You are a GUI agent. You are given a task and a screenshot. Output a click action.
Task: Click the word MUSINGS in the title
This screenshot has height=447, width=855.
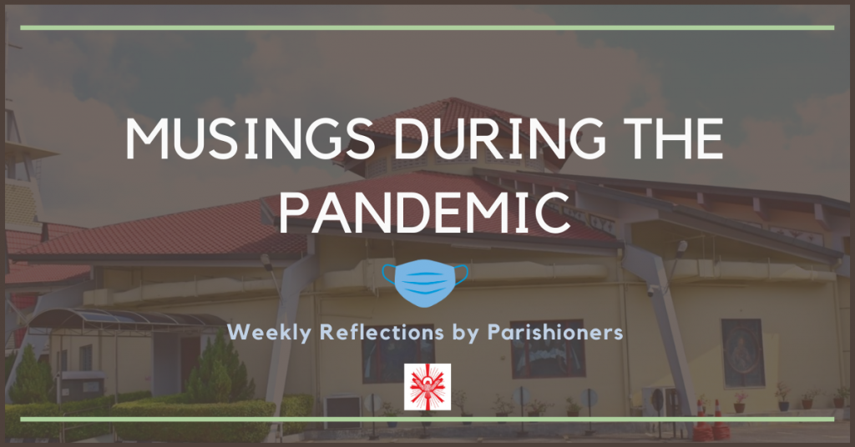[x=250, y=138]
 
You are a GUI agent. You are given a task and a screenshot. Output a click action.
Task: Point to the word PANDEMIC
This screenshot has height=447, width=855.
[x=424, y=212]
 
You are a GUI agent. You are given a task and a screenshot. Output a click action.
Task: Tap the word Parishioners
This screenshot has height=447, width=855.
[x=555, y=331]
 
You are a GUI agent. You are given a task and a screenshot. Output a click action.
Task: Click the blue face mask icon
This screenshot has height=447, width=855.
[x=425, y=283]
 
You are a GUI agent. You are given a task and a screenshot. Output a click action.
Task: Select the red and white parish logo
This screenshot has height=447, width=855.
[x=427, y=387]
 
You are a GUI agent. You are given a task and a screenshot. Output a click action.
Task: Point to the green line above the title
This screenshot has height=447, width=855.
[x=427, y=28]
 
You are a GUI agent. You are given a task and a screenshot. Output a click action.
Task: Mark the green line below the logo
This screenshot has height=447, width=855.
[x=427, y=419]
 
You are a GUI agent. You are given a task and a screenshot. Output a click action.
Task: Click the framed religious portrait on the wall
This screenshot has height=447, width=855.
[x=742, y=354]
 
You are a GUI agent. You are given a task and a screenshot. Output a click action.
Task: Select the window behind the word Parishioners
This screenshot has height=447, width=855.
[x=548, y=349]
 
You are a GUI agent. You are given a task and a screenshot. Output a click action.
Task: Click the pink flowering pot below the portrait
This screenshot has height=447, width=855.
[x=740, y=402]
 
